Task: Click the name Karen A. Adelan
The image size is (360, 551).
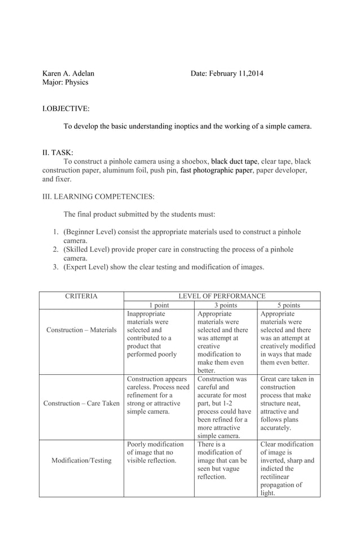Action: (x=68, y=73)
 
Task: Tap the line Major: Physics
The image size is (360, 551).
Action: (x=65, y=82)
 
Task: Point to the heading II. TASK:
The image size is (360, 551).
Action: (x=58, y=152)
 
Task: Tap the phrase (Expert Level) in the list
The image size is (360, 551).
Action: (x=86, y=267)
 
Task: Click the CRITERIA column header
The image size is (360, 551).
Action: (x=81, y=296)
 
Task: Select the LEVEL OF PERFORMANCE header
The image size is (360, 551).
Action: (x=222, y=296)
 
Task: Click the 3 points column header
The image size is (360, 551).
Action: (x=225, y=305)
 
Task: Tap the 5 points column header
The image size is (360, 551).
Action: (x=288, y=305)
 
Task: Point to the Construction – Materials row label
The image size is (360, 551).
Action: (x=81, y=330)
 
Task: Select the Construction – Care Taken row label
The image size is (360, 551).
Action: (x=81, y=404)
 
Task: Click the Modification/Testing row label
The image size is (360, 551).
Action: (x=81, y=461)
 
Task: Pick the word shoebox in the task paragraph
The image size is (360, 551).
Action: (x=194, y=161)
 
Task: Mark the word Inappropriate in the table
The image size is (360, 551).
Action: (x=146, y=313)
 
